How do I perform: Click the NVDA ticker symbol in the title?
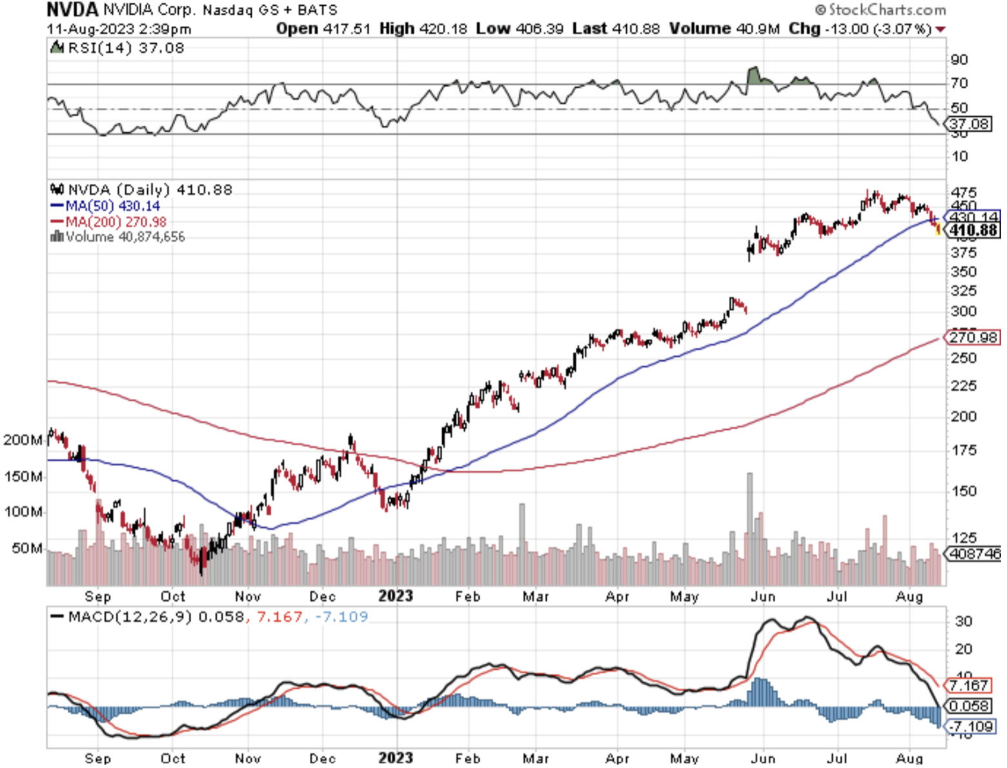click(x=72, y=10)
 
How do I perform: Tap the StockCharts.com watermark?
click(x=880, y=10)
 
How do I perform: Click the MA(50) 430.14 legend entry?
click(x=106, y=206)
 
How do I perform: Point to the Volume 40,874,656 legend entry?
click(x=118, y=237)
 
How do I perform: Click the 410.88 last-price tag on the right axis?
click(x=973, y=230)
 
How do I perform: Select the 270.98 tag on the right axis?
click(x=973, y=337)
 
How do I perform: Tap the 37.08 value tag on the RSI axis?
click(x=969, y=123)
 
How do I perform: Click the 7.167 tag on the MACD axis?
click(x=968, y=685)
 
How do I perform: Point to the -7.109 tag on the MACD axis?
click(x=970, y=727)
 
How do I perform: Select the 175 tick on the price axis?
click(x=964, y=450)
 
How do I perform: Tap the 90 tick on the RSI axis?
click(x=959, y=60)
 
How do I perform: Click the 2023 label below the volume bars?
click(x=395, y=596)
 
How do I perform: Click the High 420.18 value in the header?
click(x=423, y=29)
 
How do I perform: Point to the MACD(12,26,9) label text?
click(x=130, y=617)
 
